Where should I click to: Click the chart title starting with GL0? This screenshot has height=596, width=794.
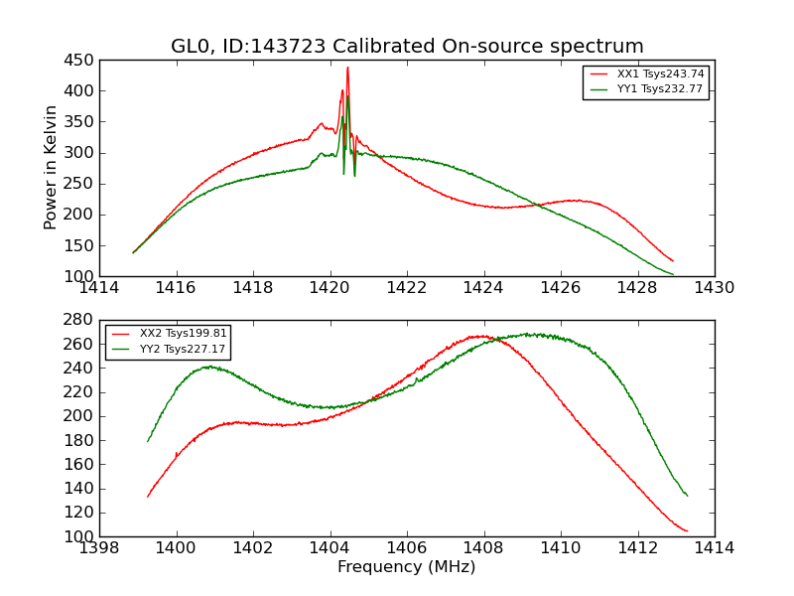407,47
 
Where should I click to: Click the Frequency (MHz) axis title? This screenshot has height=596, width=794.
407,567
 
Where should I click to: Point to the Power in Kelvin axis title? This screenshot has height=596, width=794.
52,168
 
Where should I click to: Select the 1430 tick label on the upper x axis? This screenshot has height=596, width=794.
714,288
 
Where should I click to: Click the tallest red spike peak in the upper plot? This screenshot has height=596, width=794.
347,68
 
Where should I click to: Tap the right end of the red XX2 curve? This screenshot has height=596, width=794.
687,531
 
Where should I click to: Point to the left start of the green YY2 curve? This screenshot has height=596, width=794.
148,441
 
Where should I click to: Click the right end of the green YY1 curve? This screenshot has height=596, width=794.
673,274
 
